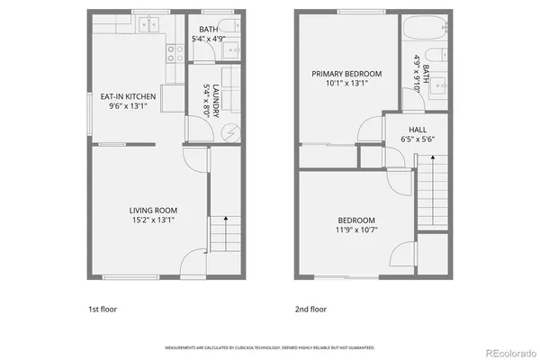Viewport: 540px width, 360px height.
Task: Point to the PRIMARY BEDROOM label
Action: click(x=346, y=74)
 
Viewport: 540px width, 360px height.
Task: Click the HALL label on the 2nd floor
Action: click(x=418, y=129)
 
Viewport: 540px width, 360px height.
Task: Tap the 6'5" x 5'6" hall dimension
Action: click(x=418, y=139)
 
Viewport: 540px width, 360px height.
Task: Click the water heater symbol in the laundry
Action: click(x=229, y=132)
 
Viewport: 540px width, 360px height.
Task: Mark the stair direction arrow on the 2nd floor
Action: click(x=434, y=171)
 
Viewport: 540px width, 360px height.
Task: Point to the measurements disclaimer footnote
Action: click(x=270, y=346)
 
